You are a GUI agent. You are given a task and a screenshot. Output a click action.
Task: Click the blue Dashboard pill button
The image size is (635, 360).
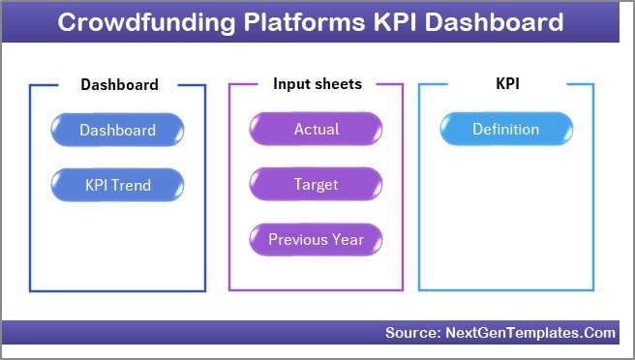coord(117,130)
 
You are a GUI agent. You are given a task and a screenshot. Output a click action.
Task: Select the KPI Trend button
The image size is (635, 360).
coord(117,184)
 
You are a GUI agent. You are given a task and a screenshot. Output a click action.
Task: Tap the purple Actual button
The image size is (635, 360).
coord(316,130)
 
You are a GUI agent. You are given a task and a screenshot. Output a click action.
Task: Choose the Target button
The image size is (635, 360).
coord(316,184)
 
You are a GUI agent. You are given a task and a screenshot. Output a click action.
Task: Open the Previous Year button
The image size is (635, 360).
coord(316,239)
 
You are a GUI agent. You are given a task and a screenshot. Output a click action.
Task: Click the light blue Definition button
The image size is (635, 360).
coord(505,130)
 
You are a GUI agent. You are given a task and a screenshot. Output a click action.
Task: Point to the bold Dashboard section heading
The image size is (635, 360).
coord(119,85)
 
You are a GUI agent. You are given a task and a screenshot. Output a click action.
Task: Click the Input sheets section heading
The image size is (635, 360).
coord(317,84)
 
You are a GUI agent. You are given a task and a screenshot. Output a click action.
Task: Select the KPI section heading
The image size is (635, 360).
coord(507,84)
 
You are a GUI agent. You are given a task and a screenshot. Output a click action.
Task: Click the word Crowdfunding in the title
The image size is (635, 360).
coord(132,22)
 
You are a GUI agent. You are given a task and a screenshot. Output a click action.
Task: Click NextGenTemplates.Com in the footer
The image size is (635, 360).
coord(529,333)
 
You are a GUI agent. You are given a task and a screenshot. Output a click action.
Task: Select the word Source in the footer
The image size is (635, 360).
coord(410,333)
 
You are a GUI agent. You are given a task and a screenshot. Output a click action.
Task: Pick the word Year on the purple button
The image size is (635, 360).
coord(348,239)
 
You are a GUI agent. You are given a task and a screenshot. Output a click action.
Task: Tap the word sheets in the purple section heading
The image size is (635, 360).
coord(337,84)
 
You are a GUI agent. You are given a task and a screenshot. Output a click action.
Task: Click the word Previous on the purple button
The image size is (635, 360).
coord(298,239)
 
